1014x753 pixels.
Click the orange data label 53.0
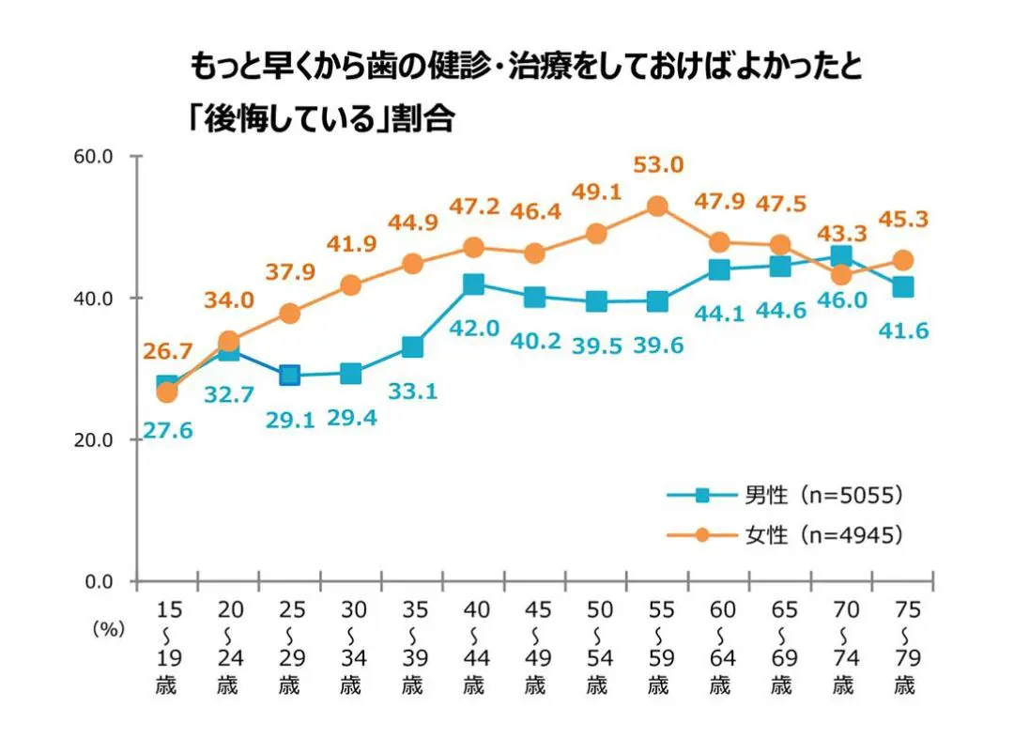(x=657, y=165)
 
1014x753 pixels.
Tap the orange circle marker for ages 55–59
(x=657, y=207)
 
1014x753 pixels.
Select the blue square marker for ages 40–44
(x=473, y=284)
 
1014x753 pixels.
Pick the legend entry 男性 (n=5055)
(x=785, y=495)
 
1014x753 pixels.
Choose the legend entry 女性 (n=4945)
(x=785, y=535)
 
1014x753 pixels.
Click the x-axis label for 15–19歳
(x=166, y=646)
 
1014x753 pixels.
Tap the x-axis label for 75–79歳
(x=903, y=646)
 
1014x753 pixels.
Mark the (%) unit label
(x=109, y=630)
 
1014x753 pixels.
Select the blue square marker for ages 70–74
(x=841, y=256)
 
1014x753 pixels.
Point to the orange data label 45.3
(x=903, y=219)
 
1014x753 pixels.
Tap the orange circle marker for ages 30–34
(x=350, y=285)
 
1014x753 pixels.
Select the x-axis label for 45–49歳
(x=534, y=646)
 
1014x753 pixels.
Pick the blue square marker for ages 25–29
(x=289, y=376)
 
